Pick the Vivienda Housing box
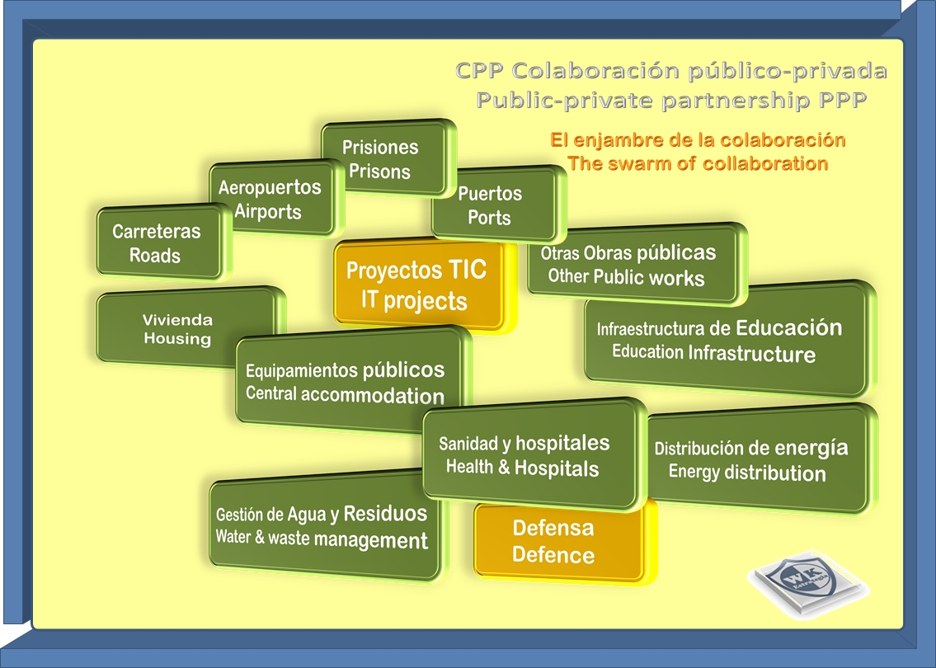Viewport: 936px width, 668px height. point(177,329)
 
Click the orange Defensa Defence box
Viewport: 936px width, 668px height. point(553,541)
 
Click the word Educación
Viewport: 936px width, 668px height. point(788,327)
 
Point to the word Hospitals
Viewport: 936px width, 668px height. point(557,468)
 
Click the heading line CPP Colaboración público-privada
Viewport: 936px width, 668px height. point(671,71)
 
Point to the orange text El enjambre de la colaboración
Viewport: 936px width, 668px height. point(698,139)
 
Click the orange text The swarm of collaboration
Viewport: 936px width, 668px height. point(697,163)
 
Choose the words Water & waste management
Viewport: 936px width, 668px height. point(322,539)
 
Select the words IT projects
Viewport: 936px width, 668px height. point(414,299)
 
